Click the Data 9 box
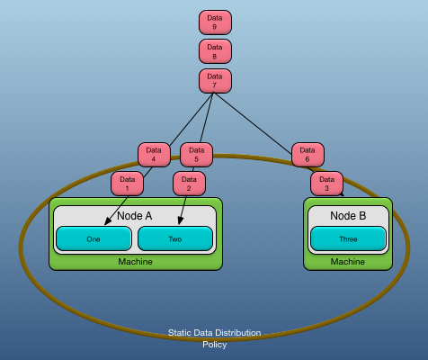215,22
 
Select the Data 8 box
215,51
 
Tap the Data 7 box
215,81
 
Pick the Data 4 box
154,155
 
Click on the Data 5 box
196,155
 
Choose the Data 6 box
308,155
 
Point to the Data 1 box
127,184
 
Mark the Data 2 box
189,184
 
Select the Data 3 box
326,184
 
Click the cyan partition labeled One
94,238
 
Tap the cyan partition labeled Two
175,238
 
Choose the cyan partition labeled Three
348,238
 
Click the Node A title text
135,216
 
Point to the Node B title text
348,216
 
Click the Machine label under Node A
135,262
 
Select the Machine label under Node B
348,262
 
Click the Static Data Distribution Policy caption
214,338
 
